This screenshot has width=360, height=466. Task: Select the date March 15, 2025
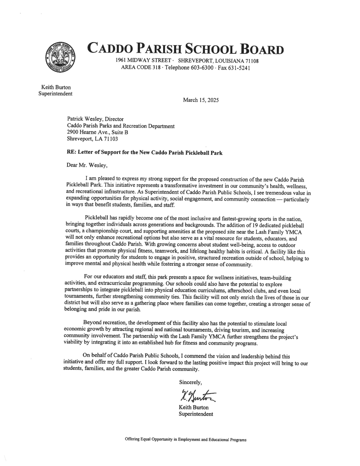click(x=201, y=100)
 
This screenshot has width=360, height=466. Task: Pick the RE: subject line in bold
click(x=144, y=152)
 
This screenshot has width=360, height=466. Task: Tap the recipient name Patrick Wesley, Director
click(x=95, y=119)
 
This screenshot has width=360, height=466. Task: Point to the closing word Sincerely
click(x=190, y=382)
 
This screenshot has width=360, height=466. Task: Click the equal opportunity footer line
click(x=185, y=440)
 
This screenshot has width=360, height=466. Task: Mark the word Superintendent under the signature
click(x=196, y=414)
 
